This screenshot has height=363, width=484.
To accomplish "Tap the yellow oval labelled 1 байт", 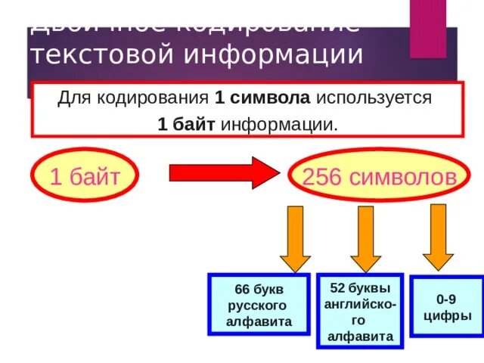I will tap(84, 178).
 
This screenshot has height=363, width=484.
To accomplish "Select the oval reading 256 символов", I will tap(379, 178).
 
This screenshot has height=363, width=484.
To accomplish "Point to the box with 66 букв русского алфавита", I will tap(259, 305).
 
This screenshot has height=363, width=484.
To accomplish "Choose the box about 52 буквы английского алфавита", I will tap(359, 311).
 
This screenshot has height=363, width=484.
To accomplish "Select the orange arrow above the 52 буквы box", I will tap(365, 237).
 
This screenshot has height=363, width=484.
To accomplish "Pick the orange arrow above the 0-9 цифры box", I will tap(437, 235).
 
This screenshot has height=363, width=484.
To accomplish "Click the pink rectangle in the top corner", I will tap(428, 29).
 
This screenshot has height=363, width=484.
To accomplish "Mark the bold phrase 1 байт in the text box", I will tap(186, 124).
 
